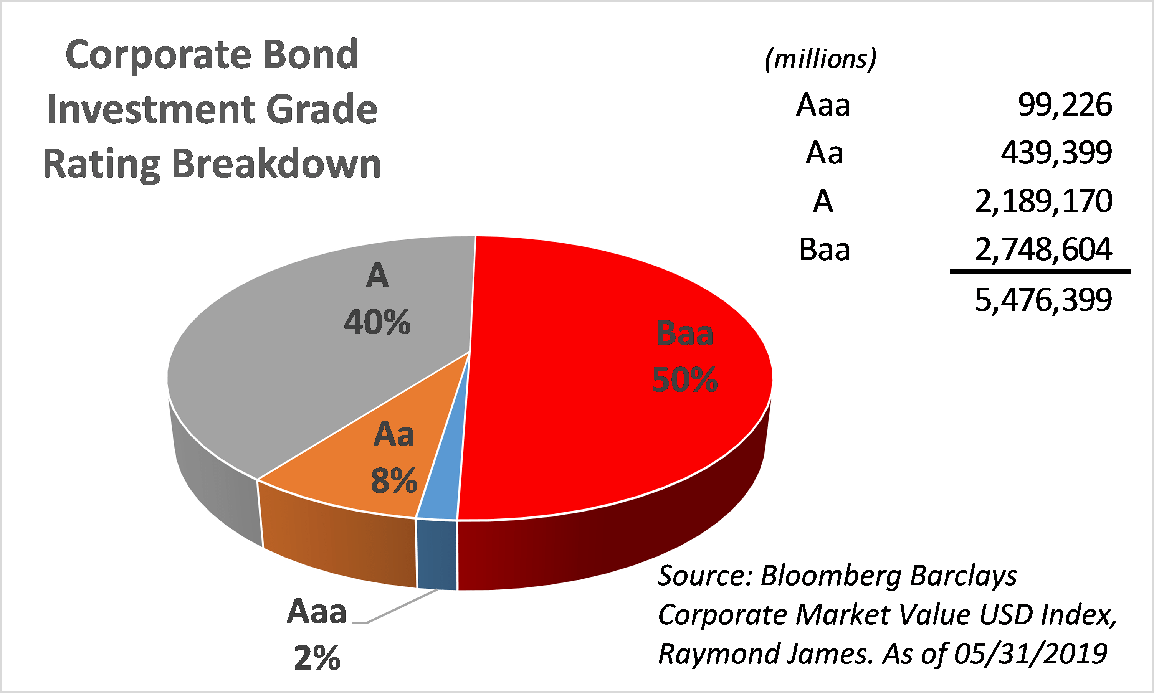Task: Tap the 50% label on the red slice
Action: coord(684,379)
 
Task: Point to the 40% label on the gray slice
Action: coord(377,322)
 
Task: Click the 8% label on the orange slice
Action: coord(394,480)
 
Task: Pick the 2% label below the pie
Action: coord(317,658)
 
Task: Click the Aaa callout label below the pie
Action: coord(317,611)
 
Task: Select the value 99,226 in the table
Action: coord(1065,105)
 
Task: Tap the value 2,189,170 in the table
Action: coord(1044,201)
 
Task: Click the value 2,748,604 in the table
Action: coord(1044,249)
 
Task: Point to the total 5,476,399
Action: coord(1044,300)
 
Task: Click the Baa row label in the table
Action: coord(824,249)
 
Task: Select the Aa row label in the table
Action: coord(825,153)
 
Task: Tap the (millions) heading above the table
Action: coord(820,59)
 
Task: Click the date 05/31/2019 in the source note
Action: coord(1030,654)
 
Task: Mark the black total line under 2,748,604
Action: coord(1040,271)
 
